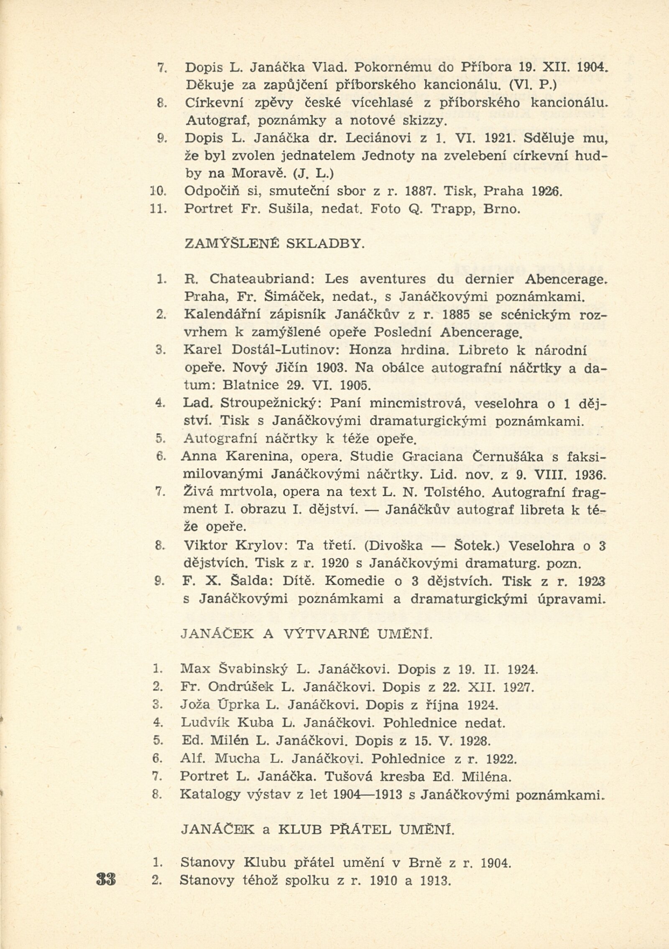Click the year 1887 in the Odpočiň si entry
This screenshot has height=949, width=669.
[420, 192]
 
